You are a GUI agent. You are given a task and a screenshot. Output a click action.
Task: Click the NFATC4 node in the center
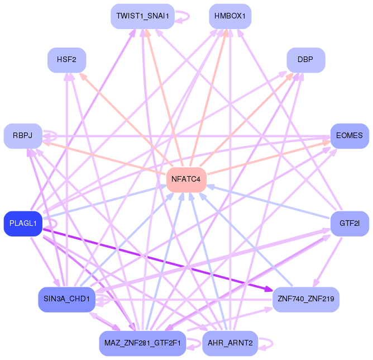click(187, 179)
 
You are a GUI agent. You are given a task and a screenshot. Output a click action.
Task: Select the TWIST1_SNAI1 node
click(143, 16)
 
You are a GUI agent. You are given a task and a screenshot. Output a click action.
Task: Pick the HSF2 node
click(66, 59)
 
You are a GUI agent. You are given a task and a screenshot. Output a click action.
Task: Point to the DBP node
click(305, 59)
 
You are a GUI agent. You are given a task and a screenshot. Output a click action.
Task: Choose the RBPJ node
click(23, 136)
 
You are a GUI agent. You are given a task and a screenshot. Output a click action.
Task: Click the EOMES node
click(350, 136)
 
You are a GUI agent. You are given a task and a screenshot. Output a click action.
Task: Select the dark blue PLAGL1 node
click(23, 224)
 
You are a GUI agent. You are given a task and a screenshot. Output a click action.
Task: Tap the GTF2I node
click(350, 224)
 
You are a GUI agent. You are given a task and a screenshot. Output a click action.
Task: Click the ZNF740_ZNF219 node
click(305, 299)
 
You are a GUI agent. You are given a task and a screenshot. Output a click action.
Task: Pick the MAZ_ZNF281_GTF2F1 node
click(143, 343)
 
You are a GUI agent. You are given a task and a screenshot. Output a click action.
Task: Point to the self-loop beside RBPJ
click(51, 135)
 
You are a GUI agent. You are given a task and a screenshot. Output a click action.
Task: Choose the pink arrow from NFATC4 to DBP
click(246, 119)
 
